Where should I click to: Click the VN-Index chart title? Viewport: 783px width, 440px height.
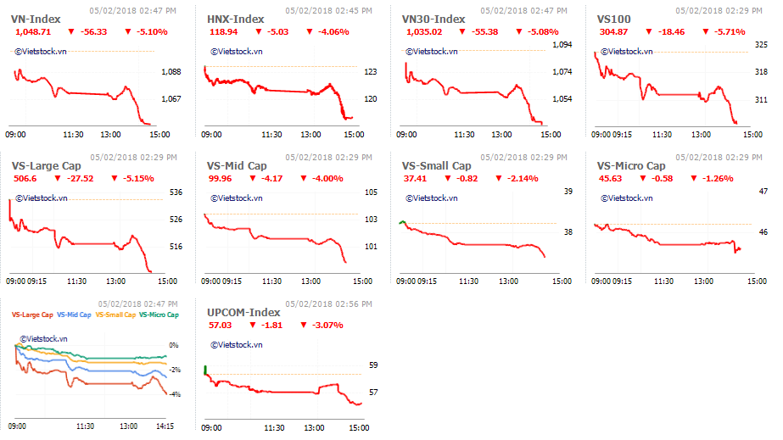tap(36, 19)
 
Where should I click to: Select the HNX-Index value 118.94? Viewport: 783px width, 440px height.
tap(223, 32)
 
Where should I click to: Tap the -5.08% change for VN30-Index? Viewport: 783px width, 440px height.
tap(543, 32)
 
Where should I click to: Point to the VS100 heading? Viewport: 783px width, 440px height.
tap(613, 19)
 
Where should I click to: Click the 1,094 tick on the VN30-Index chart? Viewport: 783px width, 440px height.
tap(562, 45)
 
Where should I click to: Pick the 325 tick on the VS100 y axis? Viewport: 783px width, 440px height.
tap(761, 45)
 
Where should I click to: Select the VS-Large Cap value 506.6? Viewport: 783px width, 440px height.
tap(25, 179)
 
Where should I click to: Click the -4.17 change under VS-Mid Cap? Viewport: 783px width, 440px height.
tap(271, 179)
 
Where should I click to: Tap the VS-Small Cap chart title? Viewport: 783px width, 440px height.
tap(436, 166)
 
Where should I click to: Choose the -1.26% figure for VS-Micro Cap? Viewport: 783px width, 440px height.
tap(718, 179)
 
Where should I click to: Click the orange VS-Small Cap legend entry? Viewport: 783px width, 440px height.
tap(115, 315)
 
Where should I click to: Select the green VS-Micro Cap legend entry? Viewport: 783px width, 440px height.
tap(159, 315)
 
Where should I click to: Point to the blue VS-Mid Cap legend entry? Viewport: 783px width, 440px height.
tap(74, 315)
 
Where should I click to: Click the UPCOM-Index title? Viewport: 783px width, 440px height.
tap(243, 313)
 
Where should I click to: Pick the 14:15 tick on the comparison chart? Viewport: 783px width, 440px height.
tap(165, 426)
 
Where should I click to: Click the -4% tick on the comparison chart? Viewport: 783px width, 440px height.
tap(174, 394)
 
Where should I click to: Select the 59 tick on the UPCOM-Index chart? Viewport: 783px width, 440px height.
tap(373, 365)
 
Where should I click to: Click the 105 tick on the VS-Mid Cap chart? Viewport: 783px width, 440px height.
tap(371, 192)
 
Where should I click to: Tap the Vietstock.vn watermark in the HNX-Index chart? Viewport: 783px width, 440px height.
tap(237, 52)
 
